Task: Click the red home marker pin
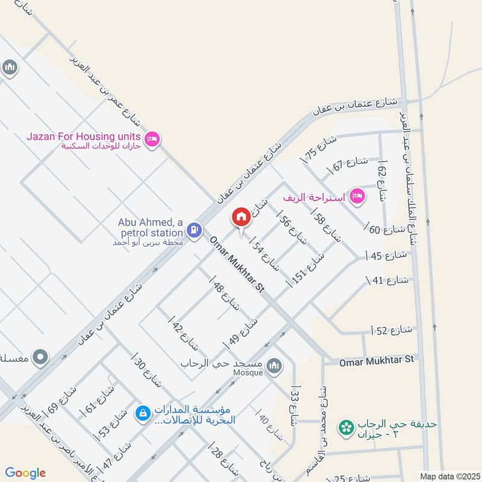click(x=241, y=218)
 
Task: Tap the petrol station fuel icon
click(x=193, y=229)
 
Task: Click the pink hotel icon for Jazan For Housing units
click(x=152, y=139)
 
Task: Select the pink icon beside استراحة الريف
click(x=358, y=195)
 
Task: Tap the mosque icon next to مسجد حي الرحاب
click(x=274, y=366)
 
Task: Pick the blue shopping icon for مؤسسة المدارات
click(x=143, y=413)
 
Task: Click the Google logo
click(x=25, y=473)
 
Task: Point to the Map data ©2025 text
click(x=448, y=476)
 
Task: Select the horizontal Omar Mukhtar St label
click(x=377, y=359)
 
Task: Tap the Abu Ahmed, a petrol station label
click(x=150, y=227)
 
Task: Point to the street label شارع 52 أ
click(x=391, y=329)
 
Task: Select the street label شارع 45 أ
click(x=386, y=255)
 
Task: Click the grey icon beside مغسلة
click(x=40, y=357)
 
